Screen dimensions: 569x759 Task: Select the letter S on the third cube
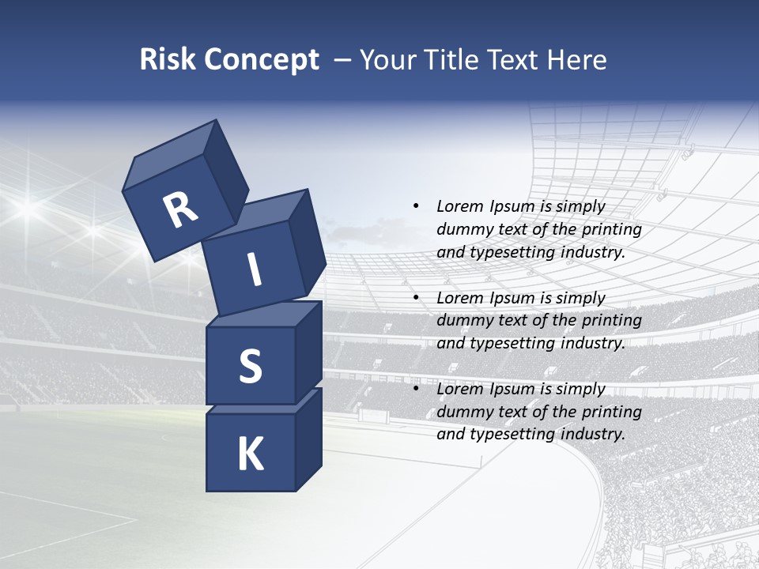(250, 367)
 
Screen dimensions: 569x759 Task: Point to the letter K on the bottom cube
(250, 454)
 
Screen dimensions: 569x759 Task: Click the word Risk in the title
(167, 60)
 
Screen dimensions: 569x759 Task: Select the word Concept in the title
(262, 60)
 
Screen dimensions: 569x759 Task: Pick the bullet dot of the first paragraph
(416, 206)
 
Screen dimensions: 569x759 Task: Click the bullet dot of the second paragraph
(416, 298)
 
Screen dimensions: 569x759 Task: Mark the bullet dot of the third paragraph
(416, 389)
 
